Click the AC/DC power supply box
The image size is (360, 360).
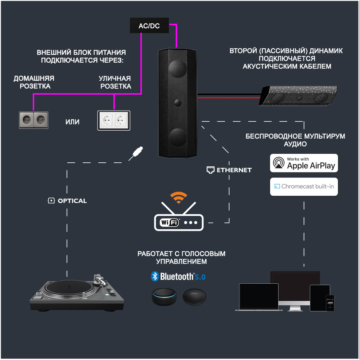149,25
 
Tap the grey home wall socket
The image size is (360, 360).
33,120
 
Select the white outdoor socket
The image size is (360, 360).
114,121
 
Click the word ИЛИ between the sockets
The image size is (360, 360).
72,122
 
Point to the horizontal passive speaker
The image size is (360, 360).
298,95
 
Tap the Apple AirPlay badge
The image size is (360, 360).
304,163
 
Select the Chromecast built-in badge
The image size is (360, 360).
304,186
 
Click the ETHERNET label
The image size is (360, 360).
234,170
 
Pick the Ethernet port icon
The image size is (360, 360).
210,170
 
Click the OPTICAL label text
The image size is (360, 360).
72,201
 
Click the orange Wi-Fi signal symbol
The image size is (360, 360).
179,197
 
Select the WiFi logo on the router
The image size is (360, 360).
170,222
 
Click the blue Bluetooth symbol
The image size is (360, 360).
155,276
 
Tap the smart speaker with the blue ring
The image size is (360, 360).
164,297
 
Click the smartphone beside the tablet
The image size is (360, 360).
330,303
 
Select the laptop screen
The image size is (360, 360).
259,296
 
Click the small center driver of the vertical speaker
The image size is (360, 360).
177,102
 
